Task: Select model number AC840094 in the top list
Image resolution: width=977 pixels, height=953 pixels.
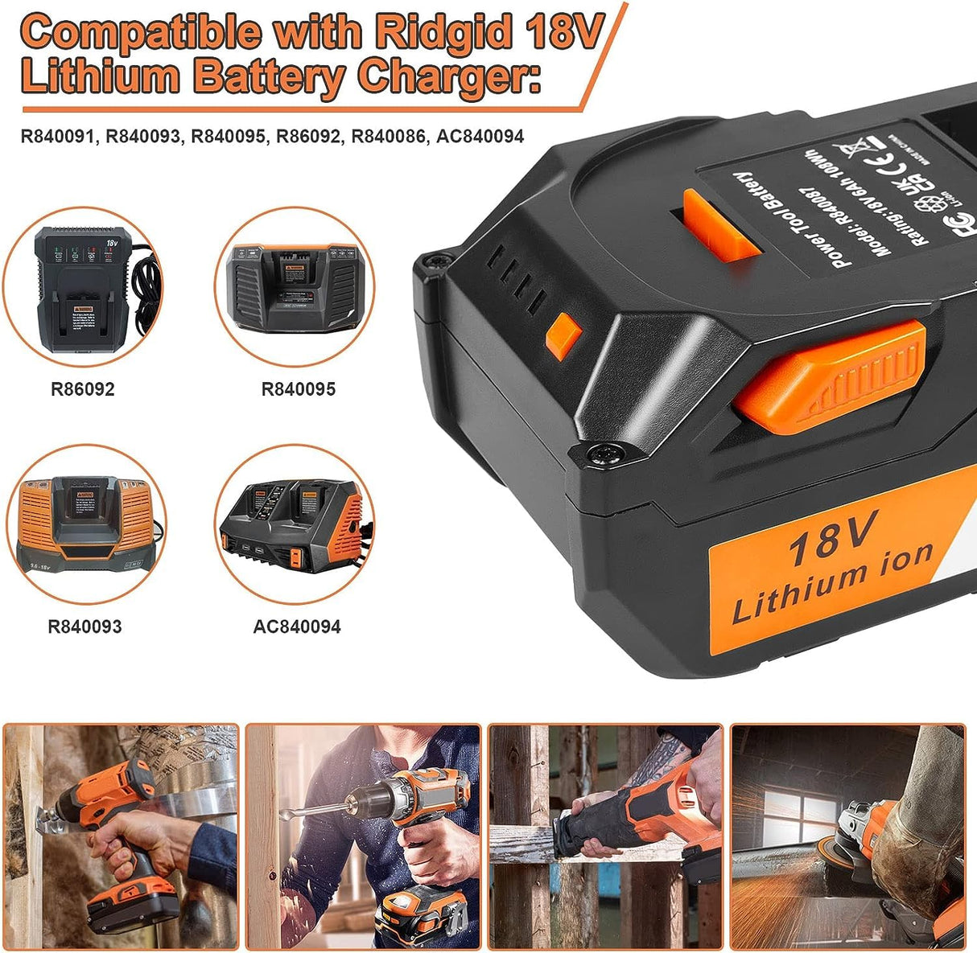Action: click(480, 137)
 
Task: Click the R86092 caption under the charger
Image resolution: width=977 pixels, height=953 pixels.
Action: click(82, 389)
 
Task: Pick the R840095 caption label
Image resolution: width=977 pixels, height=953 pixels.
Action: click(298, 389)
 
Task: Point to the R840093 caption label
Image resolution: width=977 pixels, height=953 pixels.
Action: click(85, 626)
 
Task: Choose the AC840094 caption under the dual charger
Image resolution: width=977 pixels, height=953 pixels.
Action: click(297, 626)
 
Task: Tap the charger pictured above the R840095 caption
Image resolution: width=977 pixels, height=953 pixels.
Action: click(294, 285)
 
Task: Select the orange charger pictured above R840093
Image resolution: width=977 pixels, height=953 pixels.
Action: click(85, 523)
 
